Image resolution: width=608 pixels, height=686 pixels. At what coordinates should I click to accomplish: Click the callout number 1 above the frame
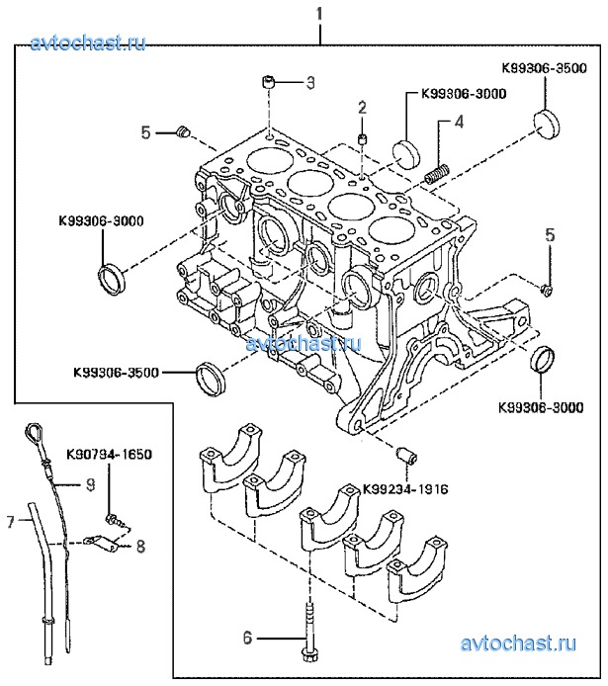click(319, 13)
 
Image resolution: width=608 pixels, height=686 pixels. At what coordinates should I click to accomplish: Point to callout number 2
click(363, 107)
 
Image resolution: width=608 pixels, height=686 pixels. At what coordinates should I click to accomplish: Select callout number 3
click(308, 82)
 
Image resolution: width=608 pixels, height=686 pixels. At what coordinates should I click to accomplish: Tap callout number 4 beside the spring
click(459, 123)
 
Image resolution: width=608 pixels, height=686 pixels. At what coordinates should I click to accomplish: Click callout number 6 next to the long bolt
click(249, 639)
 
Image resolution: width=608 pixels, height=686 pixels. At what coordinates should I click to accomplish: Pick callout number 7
click(11, 519)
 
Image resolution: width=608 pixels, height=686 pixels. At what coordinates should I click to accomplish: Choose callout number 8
click(141, 544)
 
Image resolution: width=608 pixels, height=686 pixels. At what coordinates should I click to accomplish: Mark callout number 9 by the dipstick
click(89, 484)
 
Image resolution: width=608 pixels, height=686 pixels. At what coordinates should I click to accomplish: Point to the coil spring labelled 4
click(436, 174)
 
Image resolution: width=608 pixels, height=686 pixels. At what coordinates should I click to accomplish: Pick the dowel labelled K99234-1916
click(404, 455)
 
